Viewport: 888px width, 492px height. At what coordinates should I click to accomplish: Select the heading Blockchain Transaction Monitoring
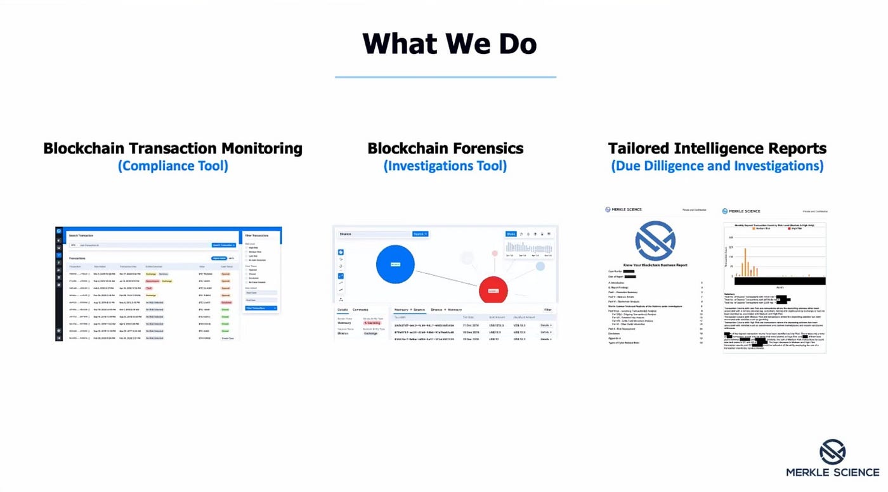tap(173, 148)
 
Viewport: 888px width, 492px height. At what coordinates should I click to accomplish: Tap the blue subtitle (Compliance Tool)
tap(173, 166)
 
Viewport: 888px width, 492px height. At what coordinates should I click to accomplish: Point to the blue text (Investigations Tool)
tap(445, 166)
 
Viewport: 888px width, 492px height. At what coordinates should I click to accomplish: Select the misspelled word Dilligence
tap(702, 166)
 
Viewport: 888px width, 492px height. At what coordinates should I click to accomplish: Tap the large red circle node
tap(497, 290)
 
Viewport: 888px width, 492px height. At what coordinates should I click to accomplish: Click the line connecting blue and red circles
tap(447, 277)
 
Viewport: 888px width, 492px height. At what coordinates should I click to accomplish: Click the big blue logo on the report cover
tap(655, 241)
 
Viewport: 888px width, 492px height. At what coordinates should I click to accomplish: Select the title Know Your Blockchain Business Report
tap(655, 265)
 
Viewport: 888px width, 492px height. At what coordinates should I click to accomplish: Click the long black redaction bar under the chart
tap(774, 281)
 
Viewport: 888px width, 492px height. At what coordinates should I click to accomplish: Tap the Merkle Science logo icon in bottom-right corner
tap(832, 451)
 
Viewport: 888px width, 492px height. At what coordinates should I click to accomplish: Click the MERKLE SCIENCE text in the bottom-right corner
tap(832, 472)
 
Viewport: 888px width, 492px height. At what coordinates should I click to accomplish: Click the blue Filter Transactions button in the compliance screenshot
tap(261, 308)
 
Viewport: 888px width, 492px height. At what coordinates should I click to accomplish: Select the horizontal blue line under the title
tap(445, 77)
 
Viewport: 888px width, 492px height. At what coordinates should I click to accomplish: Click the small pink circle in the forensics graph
tap(495, 253)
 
